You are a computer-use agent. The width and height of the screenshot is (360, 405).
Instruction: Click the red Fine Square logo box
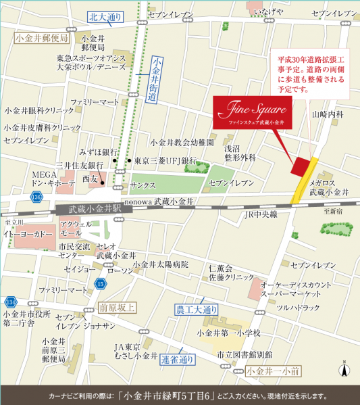[251, 112]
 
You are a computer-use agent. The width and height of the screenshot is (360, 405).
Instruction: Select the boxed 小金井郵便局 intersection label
[37, 39]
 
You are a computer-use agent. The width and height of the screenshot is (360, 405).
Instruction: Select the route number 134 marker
[10, 301]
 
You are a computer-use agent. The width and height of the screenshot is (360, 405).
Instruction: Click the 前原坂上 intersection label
[117, 307]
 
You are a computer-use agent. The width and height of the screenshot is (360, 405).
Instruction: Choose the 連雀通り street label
[178, 359]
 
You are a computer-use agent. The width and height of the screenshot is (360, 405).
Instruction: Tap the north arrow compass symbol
[344, 369]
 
